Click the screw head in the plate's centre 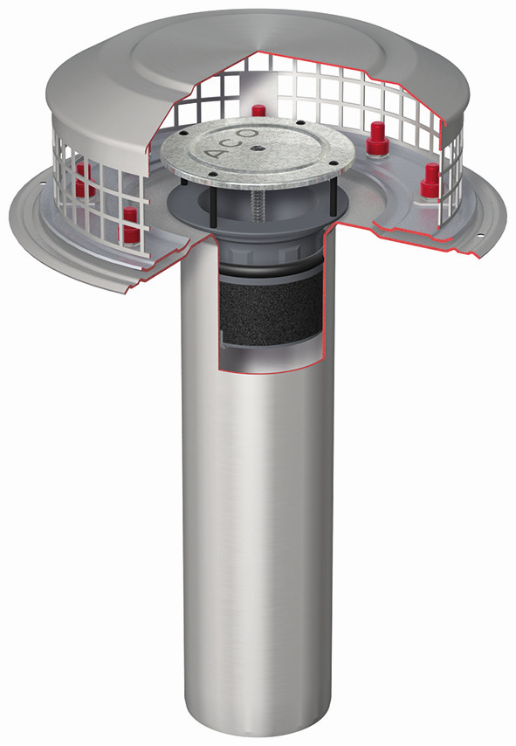[257, 148]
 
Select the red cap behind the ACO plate [258, 111]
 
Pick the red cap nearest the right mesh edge [430, 180]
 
